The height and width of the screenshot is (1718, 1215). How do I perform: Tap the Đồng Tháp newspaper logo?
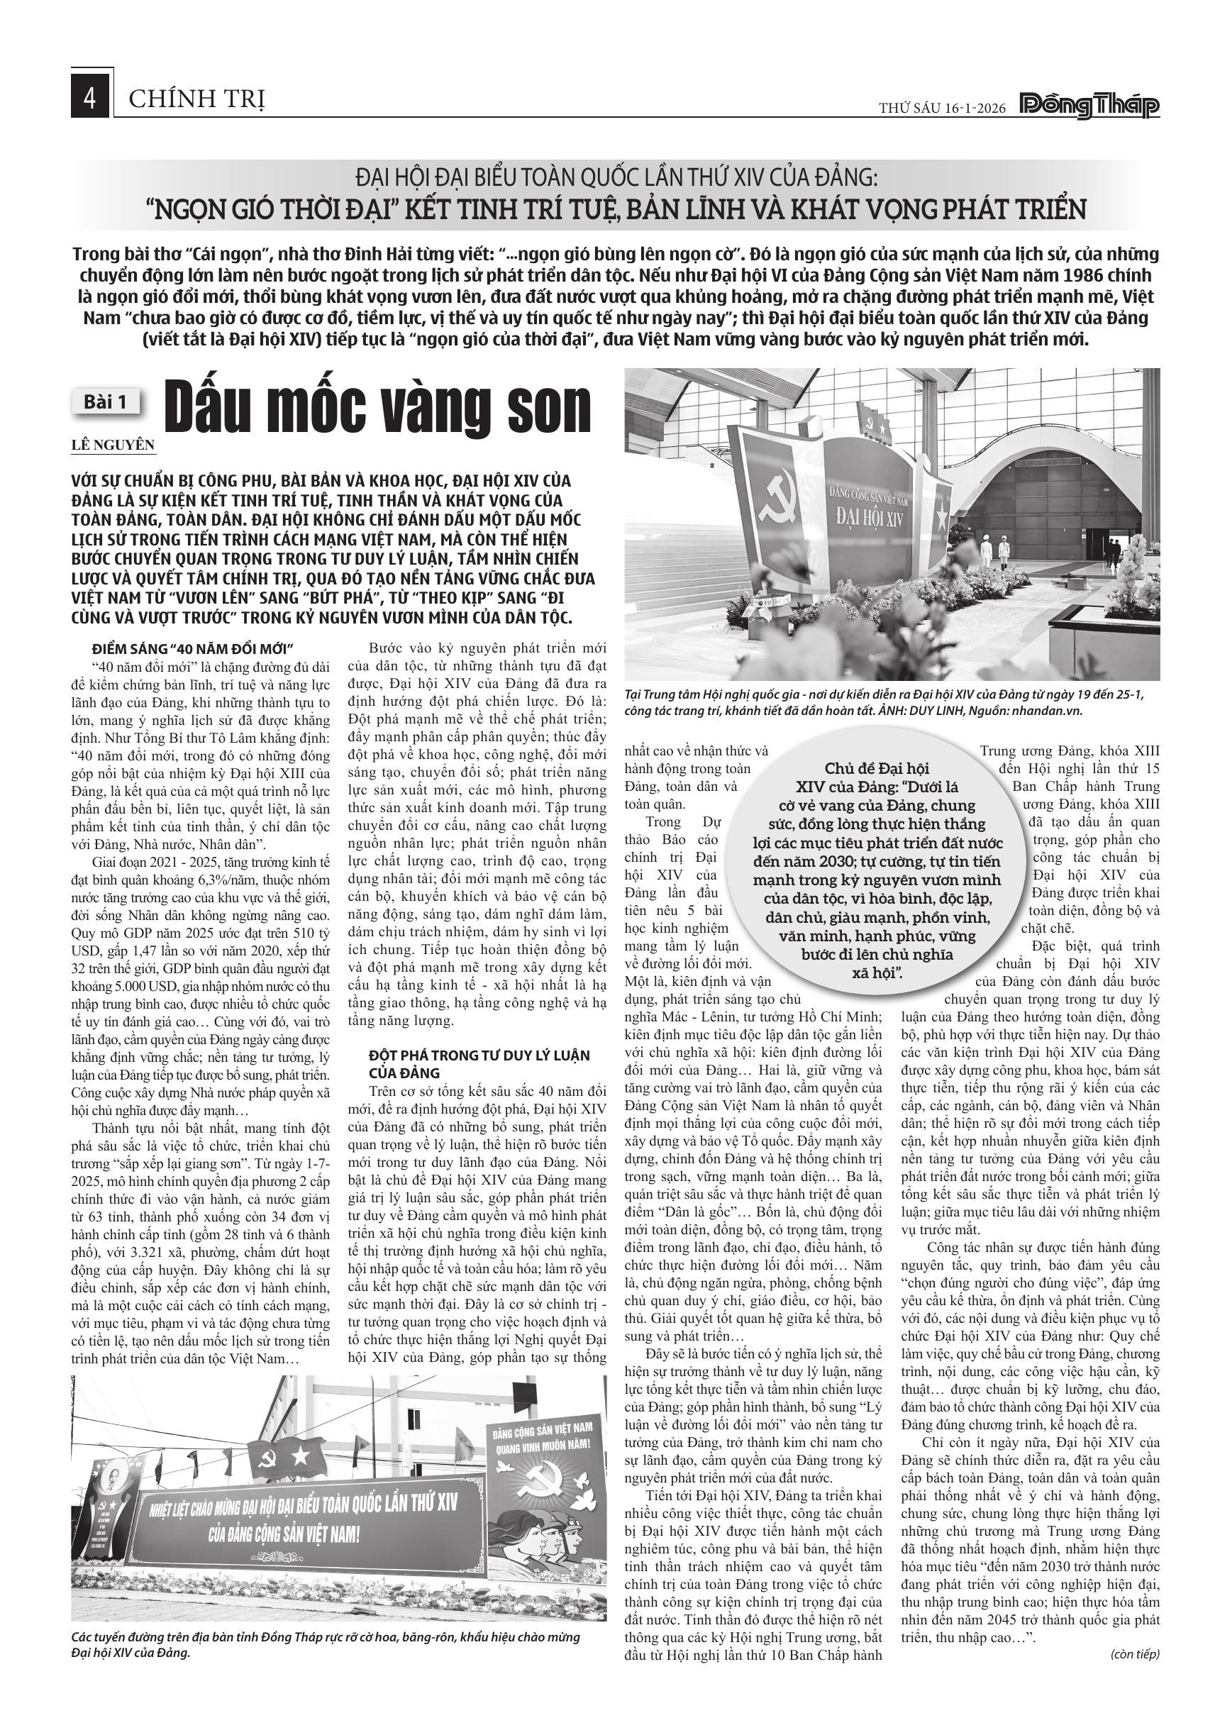click(x=1089, y=107)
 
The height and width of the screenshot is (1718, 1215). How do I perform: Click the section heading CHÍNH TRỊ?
click(x=196, y=98)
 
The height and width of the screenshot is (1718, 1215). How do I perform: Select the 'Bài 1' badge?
click(x=106, y=401)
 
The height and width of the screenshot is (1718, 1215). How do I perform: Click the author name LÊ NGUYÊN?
click(x=113, y=445)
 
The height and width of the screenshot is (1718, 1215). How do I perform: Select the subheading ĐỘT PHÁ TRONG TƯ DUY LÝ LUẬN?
click(x=479, y=1055)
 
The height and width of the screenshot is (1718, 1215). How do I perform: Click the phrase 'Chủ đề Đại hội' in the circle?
click(x=877, y=768)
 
